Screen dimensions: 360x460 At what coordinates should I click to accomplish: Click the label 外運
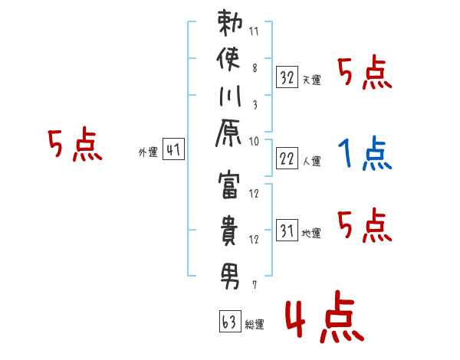click(x=147, y=153)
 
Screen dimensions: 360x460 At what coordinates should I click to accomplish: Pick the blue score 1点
click(x=363, y=153)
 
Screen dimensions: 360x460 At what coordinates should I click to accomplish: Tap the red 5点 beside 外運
click(x=74, y=145)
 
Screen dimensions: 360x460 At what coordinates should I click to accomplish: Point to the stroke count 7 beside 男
click(x=254, y=286)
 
